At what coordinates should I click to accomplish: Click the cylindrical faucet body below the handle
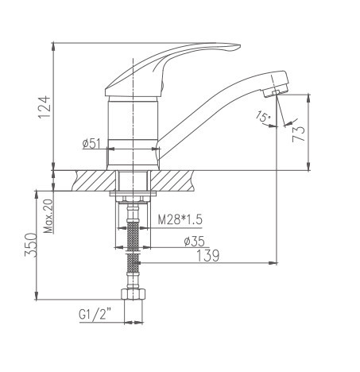point(132,119)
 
